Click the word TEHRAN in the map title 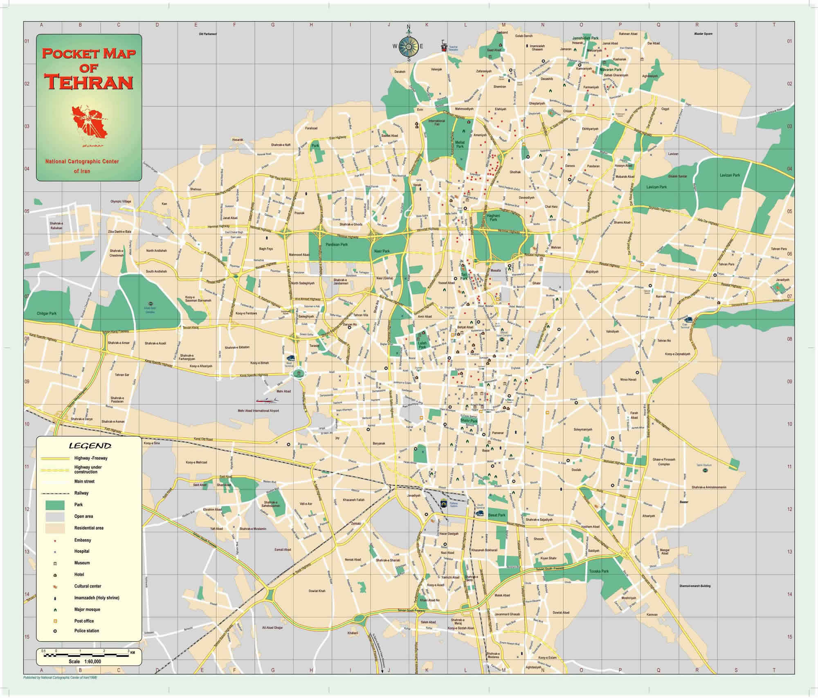coord(89,82)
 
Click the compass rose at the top coord(408,46)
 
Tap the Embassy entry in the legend coord(83,540)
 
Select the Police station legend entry coord(86,631)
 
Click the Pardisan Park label coord(337,245)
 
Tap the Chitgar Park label coord(47,313)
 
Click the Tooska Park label coord(599,571)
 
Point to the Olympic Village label coord(121,202)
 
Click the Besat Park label coord(497,515)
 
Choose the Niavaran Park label coord(610,70)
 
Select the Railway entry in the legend coord(81,493)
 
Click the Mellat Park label coord(460,144)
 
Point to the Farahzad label coord(311,128)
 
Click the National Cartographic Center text coord(82,162)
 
